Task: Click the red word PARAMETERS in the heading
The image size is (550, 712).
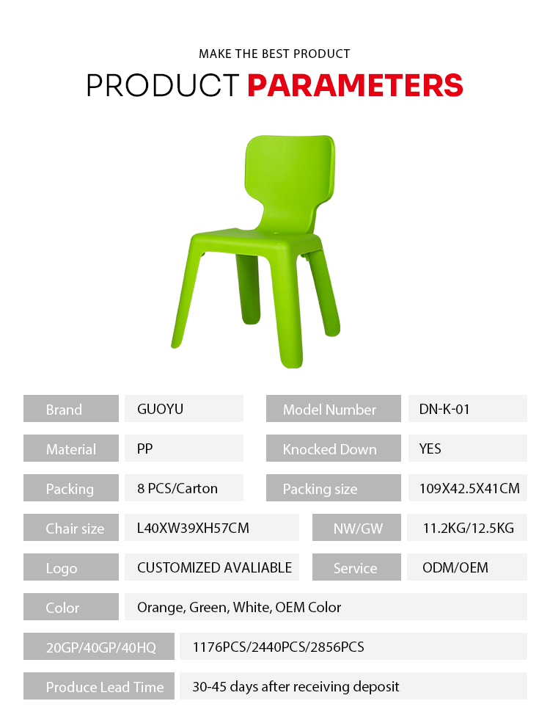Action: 356,85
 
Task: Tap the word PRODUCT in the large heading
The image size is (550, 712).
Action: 163,85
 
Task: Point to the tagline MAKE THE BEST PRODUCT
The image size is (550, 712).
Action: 274,54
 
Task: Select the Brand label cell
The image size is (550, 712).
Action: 71,409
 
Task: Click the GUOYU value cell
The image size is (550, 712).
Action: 184,409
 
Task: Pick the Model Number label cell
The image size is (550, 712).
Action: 334,409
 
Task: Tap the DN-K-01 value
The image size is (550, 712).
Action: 444,409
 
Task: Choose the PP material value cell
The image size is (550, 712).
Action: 184,448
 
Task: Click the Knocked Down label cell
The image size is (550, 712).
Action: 334,448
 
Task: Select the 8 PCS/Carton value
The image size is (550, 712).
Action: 177,489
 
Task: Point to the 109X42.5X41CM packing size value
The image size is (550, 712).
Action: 469,489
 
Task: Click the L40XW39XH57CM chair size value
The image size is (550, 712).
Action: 194,528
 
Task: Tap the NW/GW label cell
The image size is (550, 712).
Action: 356,528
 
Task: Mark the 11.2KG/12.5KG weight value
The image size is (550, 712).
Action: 469,528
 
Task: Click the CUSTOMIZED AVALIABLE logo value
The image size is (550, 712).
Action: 215,567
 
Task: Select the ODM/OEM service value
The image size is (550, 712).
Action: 455,567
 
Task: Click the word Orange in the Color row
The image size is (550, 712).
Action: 161,608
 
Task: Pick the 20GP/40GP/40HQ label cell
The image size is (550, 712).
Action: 99,646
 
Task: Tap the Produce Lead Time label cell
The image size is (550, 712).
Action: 99,686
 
